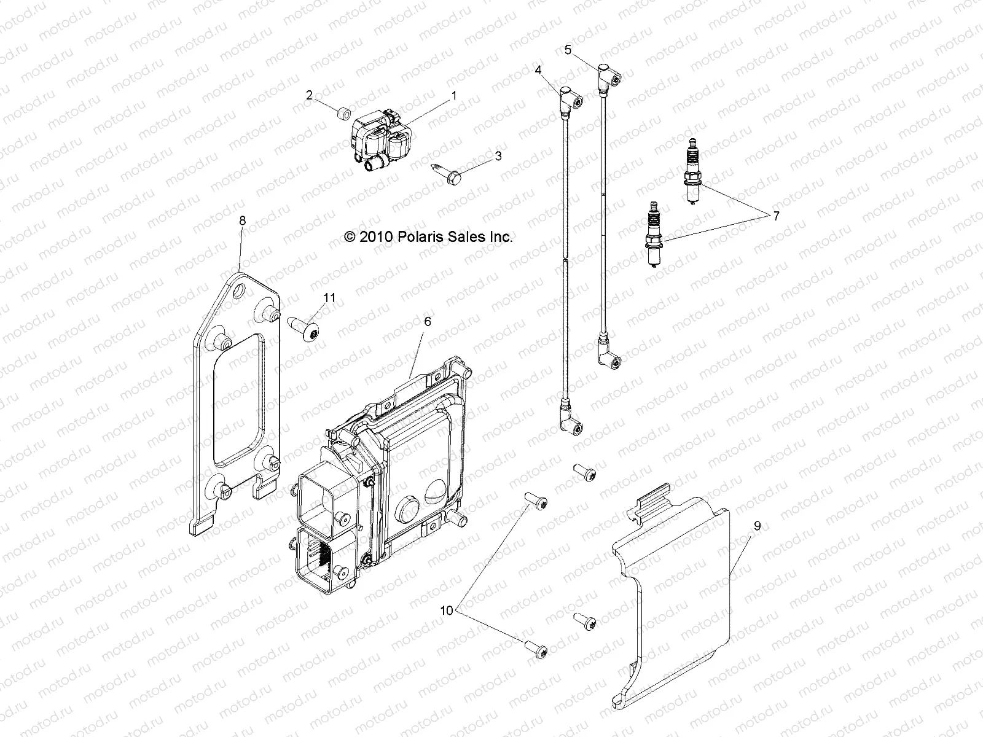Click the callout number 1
pos(454,95)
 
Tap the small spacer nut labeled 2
pos(362,113)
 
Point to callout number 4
pos(538,70)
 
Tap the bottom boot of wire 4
pos(568,423)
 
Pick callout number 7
pos(776,216)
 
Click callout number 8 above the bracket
pos(242,220)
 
